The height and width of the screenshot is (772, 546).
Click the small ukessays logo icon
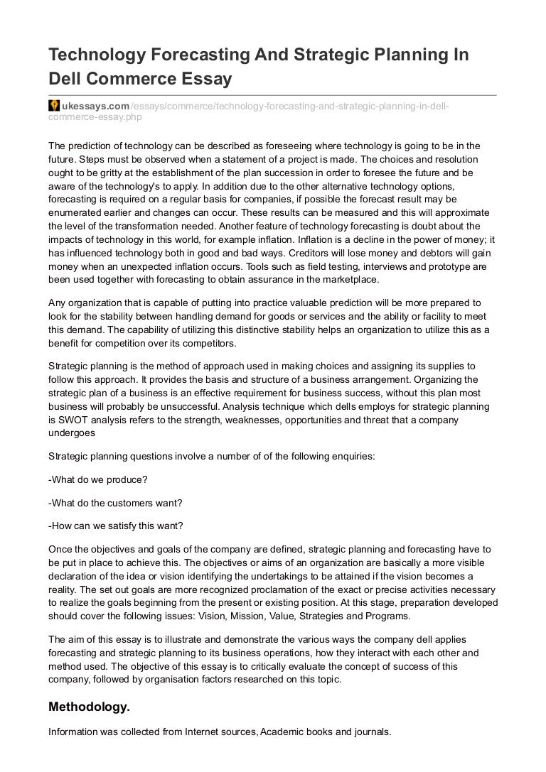[x=53, y=106]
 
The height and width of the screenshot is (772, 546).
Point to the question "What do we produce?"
[x=97, y=479]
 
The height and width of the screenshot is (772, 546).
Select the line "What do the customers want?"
[x=114, y=502]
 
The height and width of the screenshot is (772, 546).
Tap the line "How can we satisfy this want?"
[x=115, y=526]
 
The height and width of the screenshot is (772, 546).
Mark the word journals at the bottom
[x=372, y=731]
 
